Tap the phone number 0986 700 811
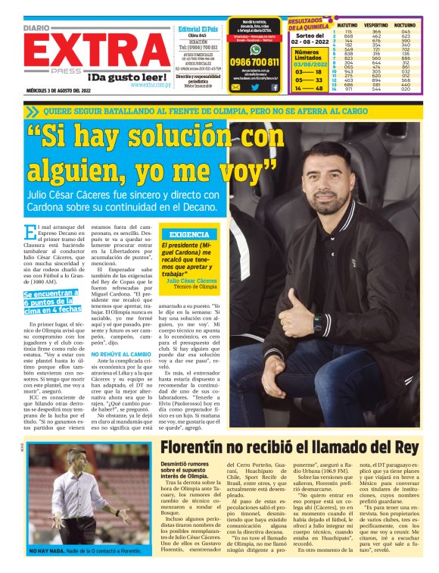(x=254, y=62)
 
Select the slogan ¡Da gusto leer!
(x=119, y=77)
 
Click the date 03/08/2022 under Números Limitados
(x=309, y=65)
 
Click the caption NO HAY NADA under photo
(x=47, y=550)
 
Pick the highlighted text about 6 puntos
(x=51, y=302)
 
